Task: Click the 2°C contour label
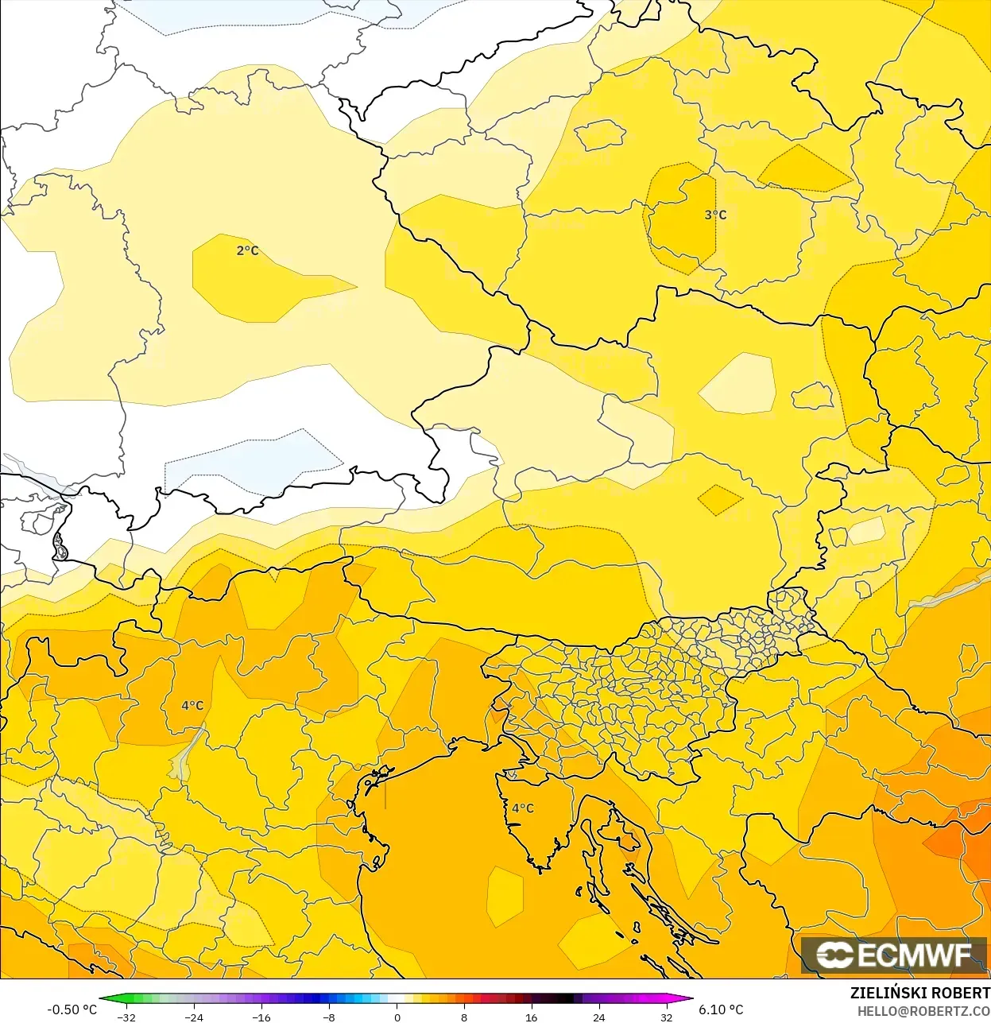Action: point(247,250)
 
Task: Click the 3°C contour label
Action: point(715,215)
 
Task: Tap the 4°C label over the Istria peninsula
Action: point(523,808)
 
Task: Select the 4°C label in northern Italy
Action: point(192,705)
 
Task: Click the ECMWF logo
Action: point(894,955)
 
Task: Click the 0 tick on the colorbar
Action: point(397,1017)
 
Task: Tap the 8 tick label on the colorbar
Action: point(464,1017)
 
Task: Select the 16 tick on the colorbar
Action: point(531,1017)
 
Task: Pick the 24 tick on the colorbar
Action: point(598,1017)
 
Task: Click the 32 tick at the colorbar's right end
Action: point(666,1017)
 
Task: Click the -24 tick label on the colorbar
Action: point(193,1017)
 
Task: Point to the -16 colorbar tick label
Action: point(261,1017)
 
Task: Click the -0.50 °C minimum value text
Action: point(72,1009)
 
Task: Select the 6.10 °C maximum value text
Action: point(721,1009)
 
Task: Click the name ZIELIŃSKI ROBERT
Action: point(919,993)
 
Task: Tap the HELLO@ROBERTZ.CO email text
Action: point(923,1011)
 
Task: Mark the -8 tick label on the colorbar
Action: point(328,1017)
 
